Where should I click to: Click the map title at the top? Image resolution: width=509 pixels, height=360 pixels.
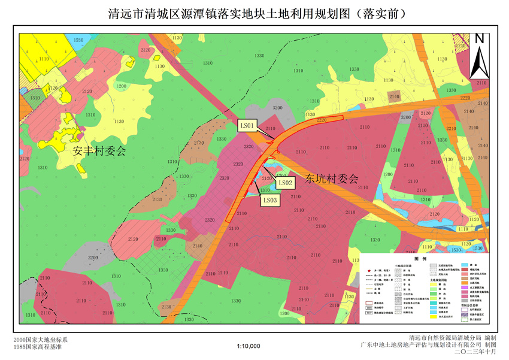tap(255, 13)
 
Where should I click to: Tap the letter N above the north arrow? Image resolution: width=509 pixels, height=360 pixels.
tap(479, 38)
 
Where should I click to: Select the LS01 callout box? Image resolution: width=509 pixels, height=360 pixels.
tap(248, 126)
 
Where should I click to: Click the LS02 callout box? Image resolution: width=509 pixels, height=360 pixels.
tap(285, 182)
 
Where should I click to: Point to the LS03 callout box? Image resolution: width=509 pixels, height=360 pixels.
tap(270, 200)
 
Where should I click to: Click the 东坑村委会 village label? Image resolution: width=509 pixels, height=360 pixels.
tap(331, 178)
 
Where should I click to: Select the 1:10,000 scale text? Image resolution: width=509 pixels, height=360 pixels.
tap(249, 346)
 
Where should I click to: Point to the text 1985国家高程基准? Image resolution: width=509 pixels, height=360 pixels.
tap(37, 347)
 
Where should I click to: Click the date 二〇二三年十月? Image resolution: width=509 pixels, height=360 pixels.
tap(476, 352)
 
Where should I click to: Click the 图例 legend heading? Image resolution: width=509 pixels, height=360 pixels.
tap(419, 259)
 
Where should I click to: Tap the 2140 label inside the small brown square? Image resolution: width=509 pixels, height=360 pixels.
tap(394, 96)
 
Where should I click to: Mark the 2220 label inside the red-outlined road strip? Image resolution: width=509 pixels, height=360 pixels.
tap(322, 120)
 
